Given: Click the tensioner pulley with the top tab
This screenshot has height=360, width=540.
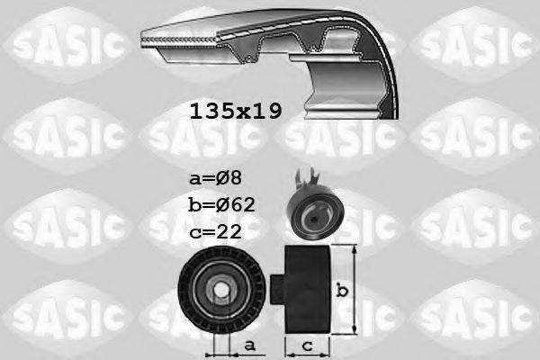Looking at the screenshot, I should [310, 208].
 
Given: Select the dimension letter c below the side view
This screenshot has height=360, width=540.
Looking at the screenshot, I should [308, 345].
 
